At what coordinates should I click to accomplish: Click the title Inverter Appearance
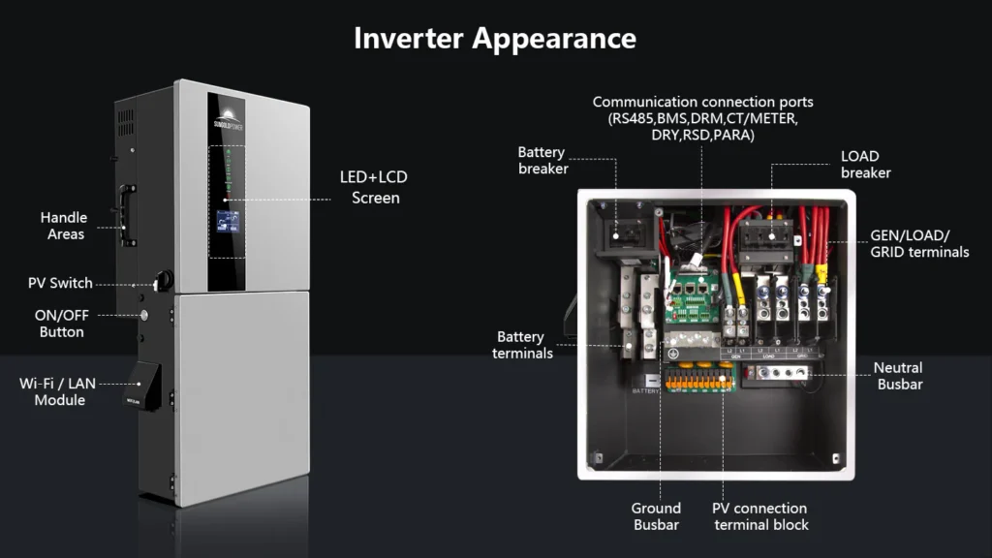pos(495,38)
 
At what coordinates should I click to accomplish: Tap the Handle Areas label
pos(64,226)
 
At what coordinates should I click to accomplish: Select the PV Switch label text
pos(60,283)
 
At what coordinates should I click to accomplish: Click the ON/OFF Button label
pos(61,323)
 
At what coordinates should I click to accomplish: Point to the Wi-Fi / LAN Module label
pos(59,391)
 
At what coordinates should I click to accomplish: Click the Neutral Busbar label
pos(898,376)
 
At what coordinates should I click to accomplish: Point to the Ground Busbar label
pos(656,516)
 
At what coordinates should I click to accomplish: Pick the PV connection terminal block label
pos(759,516)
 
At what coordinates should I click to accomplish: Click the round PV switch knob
pos(163,280)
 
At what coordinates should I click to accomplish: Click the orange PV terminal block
pos(696,381)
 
